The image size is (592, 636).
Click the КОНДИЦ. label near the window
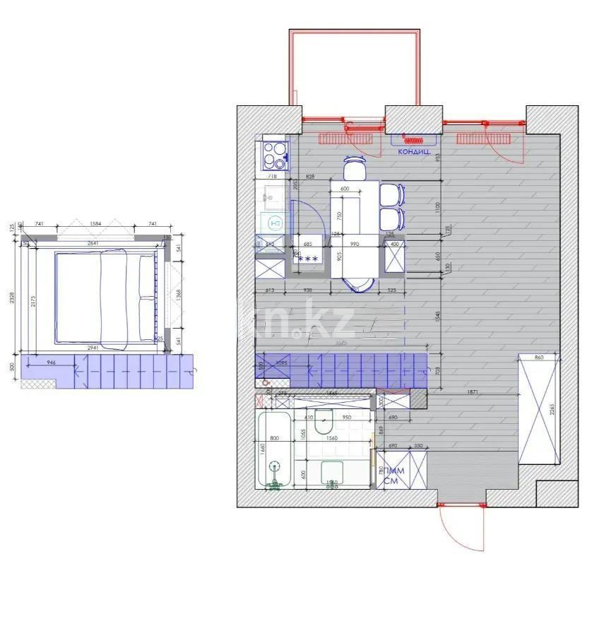[x=415, y=151]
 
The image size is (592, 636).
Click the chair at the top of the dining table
[x=355, y=170]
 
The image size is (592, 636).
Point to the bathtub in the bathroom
[x=273, y=449]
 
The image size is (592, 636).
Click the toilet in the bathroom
[x=325, y=422]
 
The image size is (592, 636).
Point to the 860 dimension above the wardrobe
[x=540, y=358]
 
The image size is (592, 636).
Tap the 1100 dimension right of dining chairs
[x=437, y=208]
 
